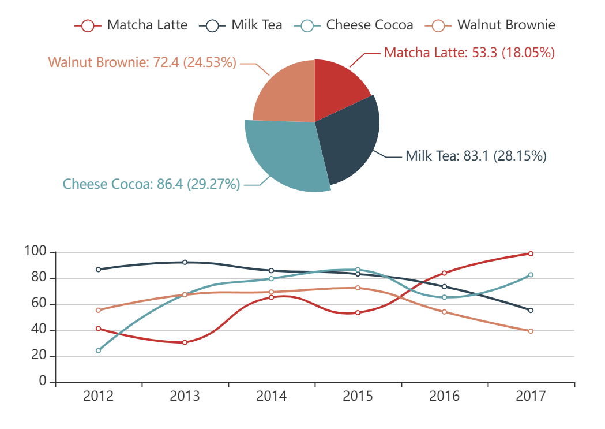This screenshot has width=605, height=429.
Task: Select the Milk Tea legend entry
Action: pos(241,25)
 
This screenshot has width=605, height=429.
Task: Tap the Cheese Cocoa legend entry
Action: pos(353,25)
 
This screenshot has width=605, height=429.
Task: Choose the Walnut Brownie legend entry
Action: pos(490,25)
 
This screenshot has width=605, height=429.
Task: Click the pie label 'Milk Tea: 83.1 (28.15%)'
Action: pos(476,156)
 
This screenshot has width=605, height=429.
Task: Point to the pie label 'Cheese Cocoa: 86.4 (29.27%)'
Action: pos(151,184)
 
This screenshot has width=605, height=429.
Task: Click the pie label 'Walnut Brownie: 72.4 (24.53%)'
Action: pos(142,62)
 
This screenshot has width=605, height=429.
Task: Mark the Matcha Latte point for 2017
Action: pos(531,253)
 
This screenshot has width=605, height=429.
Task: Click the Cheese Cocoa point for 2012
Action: pos(98,350)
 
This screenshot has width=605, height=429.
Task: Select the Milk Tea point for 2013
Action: pos(185,262)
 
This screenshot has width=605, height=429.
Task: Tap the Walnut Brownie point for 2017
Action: pos(531,331)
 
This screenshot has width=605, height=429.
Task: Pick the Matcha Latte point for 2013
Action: pos(185,342)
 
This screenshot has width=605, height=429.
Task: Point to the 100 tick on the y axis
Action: pos(35,252)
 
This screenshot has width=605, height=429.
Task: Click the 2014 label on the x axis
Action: pos(271,396)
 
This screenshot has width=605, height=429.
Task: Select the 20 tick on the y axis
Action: pos(39,356)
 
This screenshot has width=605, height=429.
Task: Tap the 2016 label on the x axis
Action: pos(444,396)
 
